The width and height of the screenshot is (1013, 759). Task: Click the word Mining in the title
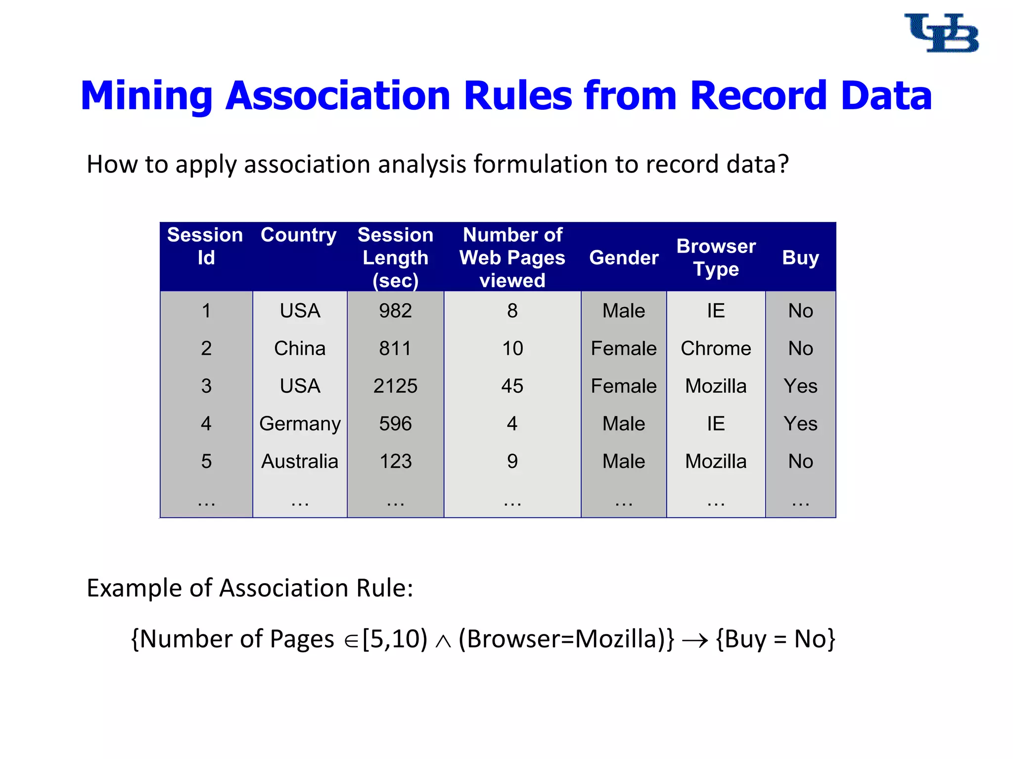click(146, 95)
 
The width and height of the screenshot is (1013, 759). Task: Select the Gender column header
click(624, 257)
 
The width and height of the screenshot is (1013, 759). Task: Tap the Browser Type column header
click(716, 257)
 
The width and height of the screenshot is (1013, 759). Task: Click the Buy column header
click(800, 257)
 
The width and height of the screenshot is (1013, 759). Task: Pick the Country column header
click(299, 235)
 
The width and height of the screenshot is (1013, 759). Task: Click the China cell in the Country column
click(300, 348)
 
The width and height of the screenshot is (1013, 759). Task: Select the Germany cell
click(300, 424)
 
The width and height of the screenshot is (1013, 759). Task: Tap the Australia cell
click(300, 461)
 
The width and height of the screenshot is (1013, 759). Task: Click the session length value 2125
click(395, 386)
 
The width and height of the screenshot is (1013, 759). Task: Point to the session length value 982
click(395, 311)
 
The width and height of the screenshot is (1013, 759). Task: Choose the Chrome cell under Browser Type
click(716, 348)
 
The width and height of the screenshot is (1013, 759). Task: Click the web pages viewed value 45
click(512, 386)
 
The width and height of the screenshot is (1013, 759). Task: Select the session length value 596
click(395, 423)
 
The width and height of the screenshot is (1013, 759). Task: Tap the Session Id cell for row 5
click(206, 461)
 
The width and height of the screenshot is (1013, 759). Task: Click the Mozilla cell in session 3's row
click(716, 386)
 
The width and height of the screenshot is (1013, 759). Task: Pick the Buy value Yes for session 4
click(800, 423)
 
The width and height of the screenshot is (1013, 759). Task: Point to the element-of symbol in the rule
click(351, 641)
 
